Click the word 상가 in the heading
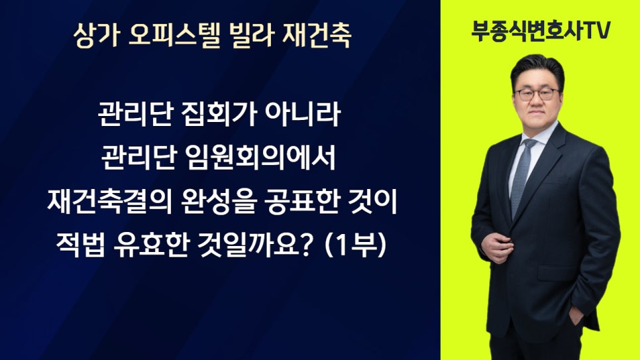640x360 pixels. (x=97, y=35)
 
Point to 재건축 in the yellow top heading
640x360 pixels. (x=317, y=35)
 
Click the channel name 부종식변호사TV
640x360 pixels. (x=541, y=30)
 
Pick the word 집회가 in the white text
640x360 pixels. (x=219, y=114)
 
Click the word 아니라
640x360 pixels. (x=303, y=114)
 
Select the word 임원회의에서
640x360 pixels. (x=260, y=158)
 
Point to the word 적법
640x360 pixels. (x=80, y=245)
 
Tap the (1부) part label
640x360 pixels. (x=356, y=245)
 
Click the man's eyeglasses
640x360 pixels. (x=537, y=94)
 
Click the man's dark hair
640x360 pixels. (x=537, y=70)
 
